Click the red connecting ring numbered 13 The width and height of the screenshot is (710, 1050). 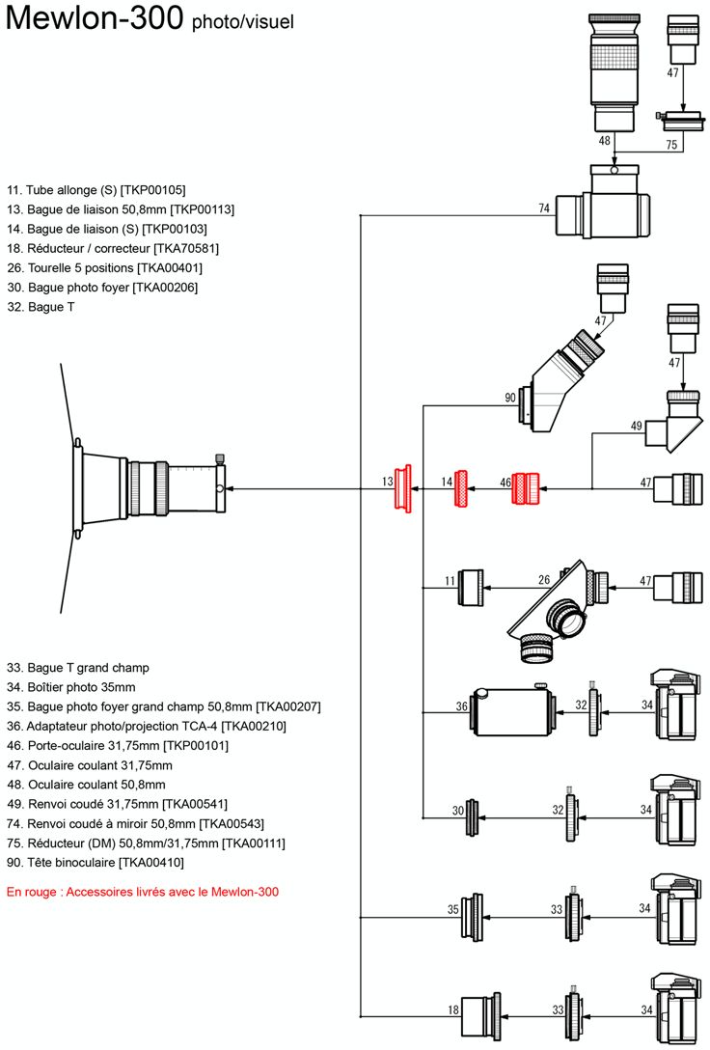tap(402, 489)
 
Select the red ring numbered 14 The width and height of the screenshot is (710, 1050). tap(461, 488)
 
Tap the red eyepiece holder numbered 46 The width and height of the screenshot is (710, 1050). tap(526, 488)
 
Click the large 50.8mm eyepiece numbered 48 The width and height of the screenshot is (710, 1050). tap(613, 72)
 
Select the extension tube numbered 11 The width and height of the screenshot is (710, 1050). tap(471, 588)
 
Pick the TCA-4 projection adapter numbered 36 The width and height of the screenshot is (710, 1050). tap(513, 711)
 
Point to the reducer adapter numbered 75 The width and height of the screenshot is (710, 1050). tap(683, 122)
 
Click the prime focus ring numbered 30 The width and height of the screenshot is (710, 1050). tap(473, 817)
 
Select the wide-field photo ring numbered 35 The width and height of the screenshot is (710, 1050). tap(472, 916)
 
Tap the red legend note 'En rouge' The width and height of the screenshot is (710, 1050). tap(143, 892)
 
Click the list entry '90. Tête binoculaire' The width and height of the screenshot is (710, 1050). tap(96, 863)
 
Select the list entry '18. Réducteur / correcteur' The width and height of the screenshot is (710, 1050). tap(113, 248)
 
